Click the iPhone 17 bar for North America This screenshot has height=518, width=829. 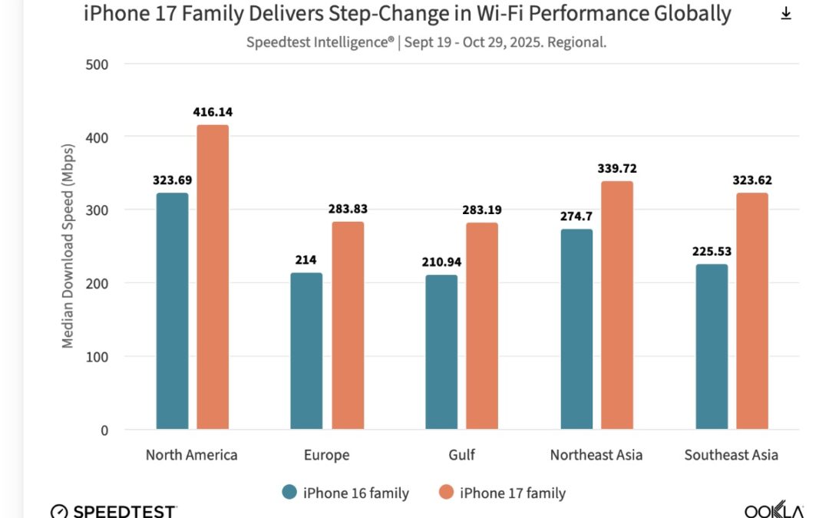coord(213,276)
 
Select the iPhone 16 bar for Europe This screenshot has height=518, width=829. coord(307,351)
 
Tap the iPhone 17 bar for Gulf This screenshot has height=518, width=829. coord(482,325)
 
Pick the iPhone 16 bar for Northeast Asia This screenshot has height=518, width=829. coord(576,328)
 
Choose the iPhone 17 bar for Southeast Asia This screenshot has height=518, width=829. coord(752,311)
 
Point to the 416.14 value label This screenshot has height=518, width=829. coord(213,112)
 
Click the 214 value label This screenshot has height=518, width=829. coord(307,260)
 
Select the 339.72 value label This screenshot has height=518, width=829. coord(617,169)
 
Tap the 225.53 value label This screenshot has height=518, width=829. coord(712,252)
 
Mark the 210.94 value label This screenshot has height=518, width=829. coord(441,262)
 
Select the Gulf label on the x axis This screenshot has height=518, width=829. coord(461,455)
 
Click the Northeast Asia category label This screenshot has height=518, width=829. coord(596,455)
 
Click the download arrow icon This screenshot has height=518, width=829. coord(785,14)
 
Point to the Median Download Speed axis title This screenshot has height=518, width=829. coord(68,246)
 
